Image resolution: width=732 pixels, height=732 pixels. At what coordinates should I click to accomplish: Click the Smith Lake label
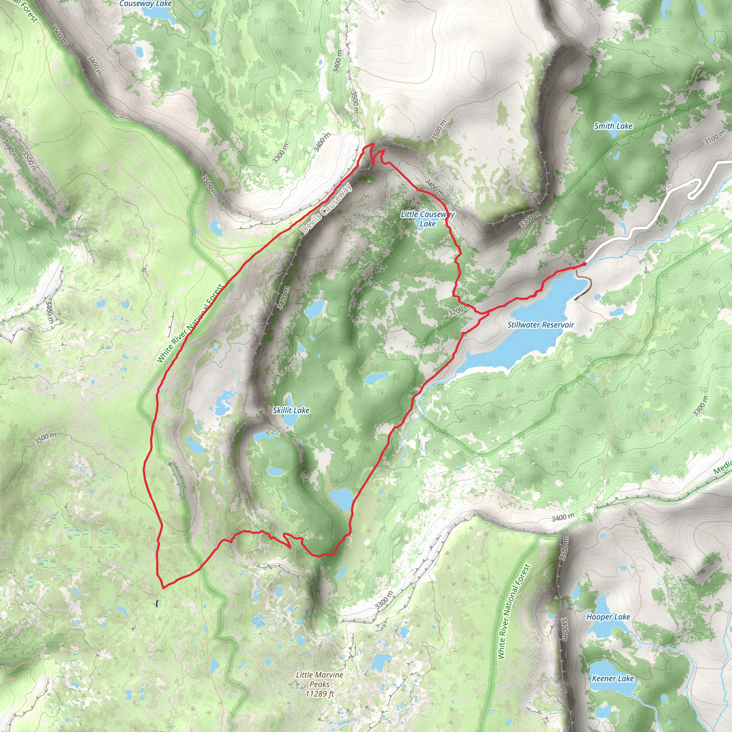click(613, 126)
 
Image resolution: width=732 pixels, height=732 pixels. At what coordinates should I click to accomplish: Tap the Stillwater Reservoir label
click(540, 325)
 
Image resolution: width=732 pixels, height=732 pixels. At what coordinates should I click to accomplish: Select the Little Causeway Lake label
click(427, 219)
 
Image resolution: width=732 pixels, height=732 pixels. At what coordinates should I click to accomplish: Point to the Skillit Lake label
click(291, 410)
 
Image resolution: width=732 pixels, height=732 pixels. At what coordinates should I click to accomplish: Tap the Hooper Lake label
click(608, 617)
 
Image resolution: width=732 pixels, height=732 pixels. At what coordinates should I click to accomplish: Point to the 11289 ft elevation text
click(320, 694)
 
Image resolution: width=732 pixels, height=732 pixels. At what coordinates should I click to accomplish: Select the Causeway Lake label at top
click(145, 4)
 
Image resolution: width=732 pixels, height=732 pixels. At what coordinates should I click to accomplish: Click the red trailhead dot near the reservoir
click(585, 264)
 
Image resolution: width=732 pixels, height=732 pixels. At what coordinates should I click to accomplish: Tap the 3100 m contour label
click(714, 138)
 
